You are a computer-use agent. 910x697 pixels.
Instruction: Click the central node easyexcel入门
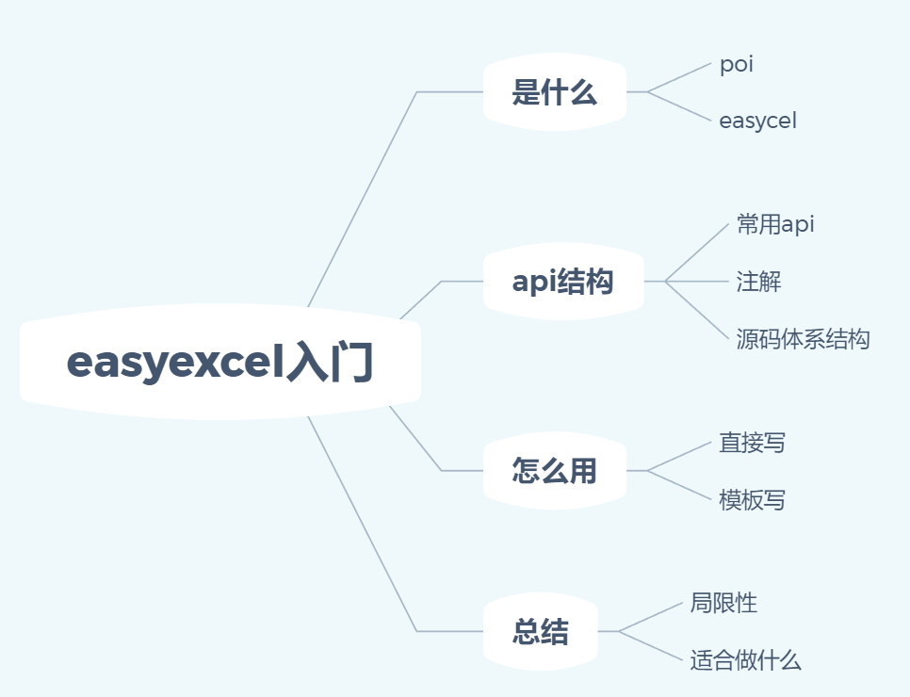coord(219,363)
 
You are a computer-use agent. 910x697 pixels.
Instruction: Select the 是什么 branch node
coord(554,92)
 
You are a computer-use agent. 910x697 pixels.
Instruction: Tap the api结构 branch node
coord(562,281)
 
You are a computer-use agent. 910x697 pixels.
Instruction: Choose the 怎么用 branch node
coord(554,470)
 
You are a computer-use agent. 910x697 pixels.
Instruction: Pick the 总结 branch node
coord(540,631)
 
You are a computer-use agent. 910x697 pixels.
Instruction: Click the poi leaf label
coord(736,65)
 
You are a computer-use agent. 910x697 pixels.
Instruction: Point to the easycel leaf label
coord(757,121)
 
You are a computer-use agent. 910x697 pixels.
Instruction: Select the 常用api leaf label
coord(775,224)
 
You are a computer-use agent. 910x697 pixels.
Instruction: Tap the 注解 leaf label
coord(758,281)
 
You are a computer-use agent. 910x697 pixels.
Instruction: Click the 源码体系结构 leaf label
coord(803,339)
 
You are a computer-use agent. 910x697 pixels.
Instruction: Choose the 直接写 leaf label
coord(752,443)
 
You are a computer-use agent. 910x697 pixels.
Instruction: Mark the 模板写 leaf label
coord(752,500)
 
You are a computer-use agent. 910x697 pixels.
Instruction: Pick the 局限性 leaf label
coord(723,603)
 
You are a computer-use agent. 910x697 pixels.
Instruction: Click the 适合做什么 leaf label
coord(745,660)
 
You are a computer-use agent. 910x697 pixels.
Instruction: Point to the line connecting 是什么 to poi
coord(678,78)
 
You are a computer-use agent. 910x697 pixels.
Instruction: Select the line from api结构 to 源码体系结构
coord(698,310)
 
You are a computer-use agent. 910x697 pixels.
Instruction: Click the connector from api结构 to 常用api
coord(698,251)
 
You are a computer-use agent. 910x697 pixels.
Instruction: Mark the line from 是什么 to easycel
coord(678,106)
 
